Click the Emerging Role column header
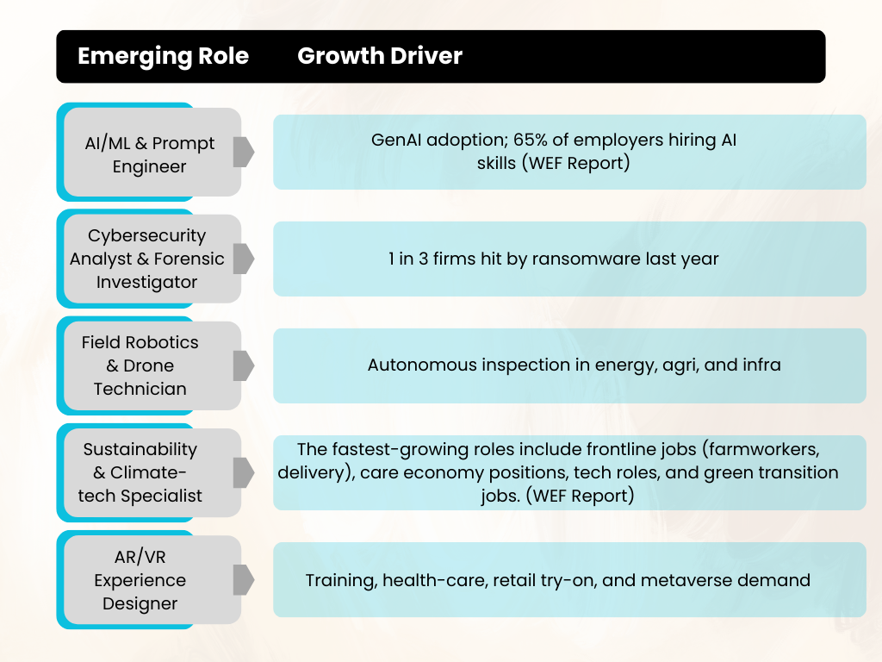163,56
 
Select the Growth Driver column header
380,56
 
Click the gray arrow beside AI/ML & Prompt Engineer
244,152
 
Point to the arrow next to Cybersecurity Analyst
244,259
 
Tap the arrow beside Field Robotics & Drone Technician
244,365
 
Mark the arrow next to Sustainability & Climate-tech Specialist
244,473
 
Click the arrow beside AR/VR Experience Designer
244,580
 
